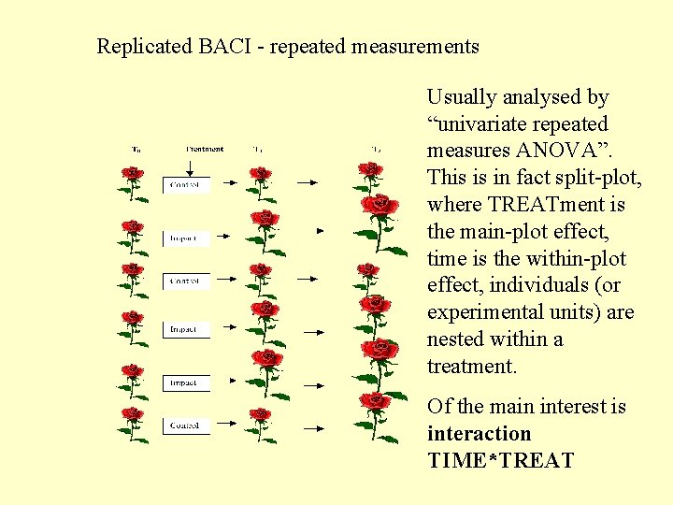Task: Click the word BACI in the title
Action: point(220,46)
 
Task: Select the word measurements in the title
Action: point(416,46)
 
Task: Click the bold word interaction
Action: point(479,434)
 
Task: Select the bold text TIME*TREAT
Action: point(500,461)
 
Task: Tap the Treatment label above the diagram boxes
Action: point(205,149)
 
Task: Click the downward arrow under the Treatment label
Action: point(190,166)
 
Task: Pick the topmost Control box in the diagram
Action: point(187,186)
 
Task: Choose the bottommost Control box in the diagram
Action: point(187,426)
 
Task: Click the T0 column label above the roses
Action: point(136,150)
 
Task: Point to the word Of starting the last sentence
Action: point(438,407)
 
